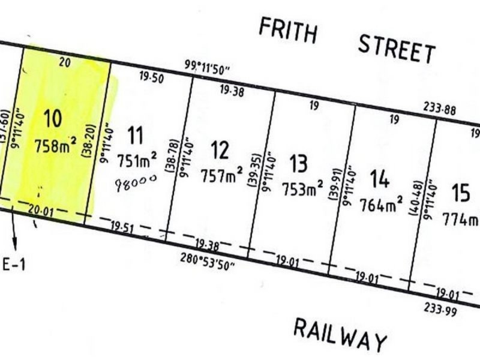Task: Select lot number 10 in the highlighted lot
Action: (53, 118)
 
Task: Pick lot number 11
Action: (136, 134)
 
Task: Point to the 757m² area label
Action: (223, 175)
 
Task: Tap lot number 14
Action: (380, 179)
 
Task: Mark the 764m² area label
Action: (381, 205)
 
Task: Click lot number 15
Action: (460, 194)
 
